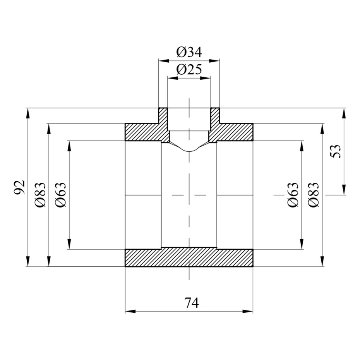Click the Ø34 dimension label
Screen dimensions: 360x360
click(x=189, y=52)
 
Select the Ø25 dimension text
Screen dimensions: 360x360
click(x=189, y=69)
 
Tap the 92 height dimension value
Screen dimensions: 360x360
click(x=19, y=187)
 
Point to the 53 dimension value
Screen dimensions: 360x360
click(x=336, y=151)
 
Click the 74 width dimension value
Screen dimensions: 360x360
click(x=192, y=303)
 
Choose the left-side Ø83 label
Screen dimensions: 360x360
click(x=40, y=195)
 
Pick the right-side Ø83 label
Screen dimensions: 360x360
click(x=313, y=195)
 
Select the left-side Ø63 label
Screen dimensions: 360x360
click(x=61, y=195)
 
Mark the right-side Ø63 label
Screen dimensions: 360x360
click(x=293, y=195)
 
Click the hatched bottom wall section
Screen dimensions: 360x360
click(x=189, y=257)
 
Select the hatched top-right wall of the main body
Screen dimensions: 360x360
click(x=232, y=132)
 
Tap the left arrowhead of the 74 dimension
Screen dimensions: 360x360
click(x=130, y=311)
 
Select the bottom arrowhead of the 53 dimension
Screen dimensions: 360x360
click(x=344, y=190)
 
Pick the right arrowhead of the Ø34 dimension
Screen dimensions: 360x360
click(x=214, y=61)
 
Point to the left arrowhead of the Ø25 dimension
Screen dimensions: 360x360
click(x=173, y=78)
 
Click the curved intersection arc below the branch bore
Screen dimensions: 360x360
click(x=189, y=151)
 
